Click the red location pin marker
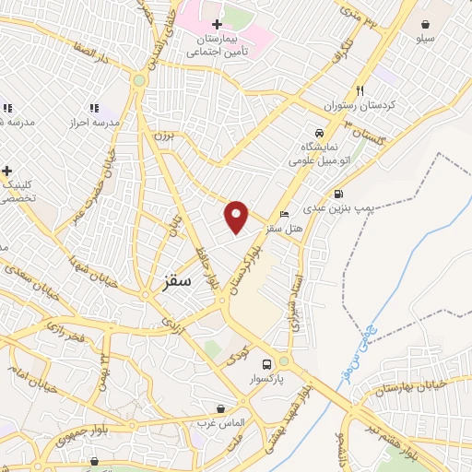pos(237,216)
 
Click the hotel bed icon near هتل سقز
pos(284,214)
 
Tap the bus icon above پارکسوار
pos(266,363)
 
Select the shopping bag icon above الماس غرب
pos(220,407)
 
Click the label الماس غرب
pos(218,422)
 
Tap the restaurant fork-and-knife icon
pos(360,90)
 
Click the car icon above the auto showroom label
pos(319,132)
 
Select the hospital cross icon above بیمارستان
pos(217,24)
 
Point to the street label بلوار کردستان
pos(245,265)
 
